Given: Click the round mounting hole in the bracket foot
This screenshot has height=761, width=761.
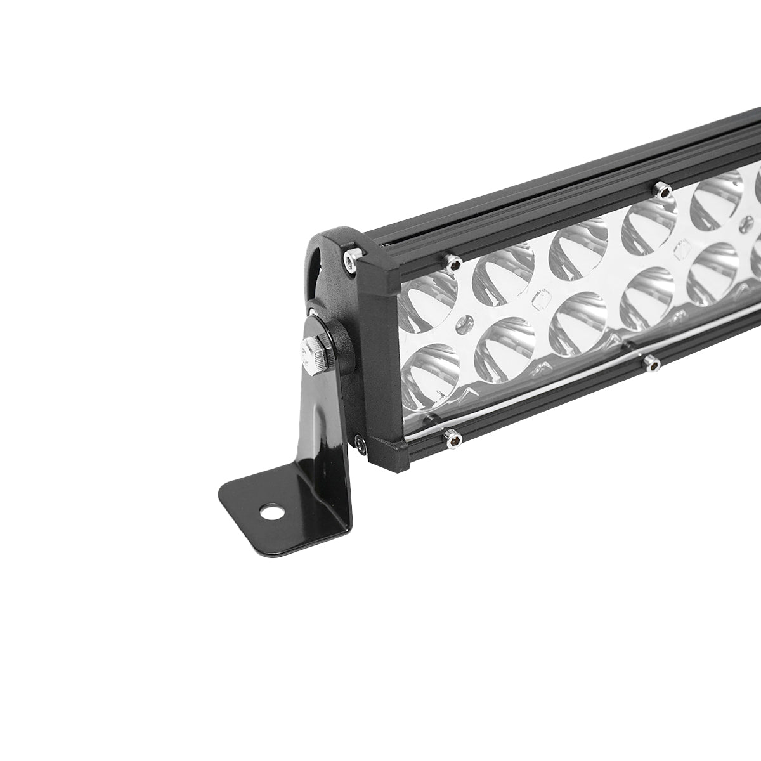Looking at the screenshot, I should point(272,492).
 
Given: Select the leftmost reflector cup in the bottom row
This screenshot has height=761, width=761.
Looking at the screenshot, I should point(431,374).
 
